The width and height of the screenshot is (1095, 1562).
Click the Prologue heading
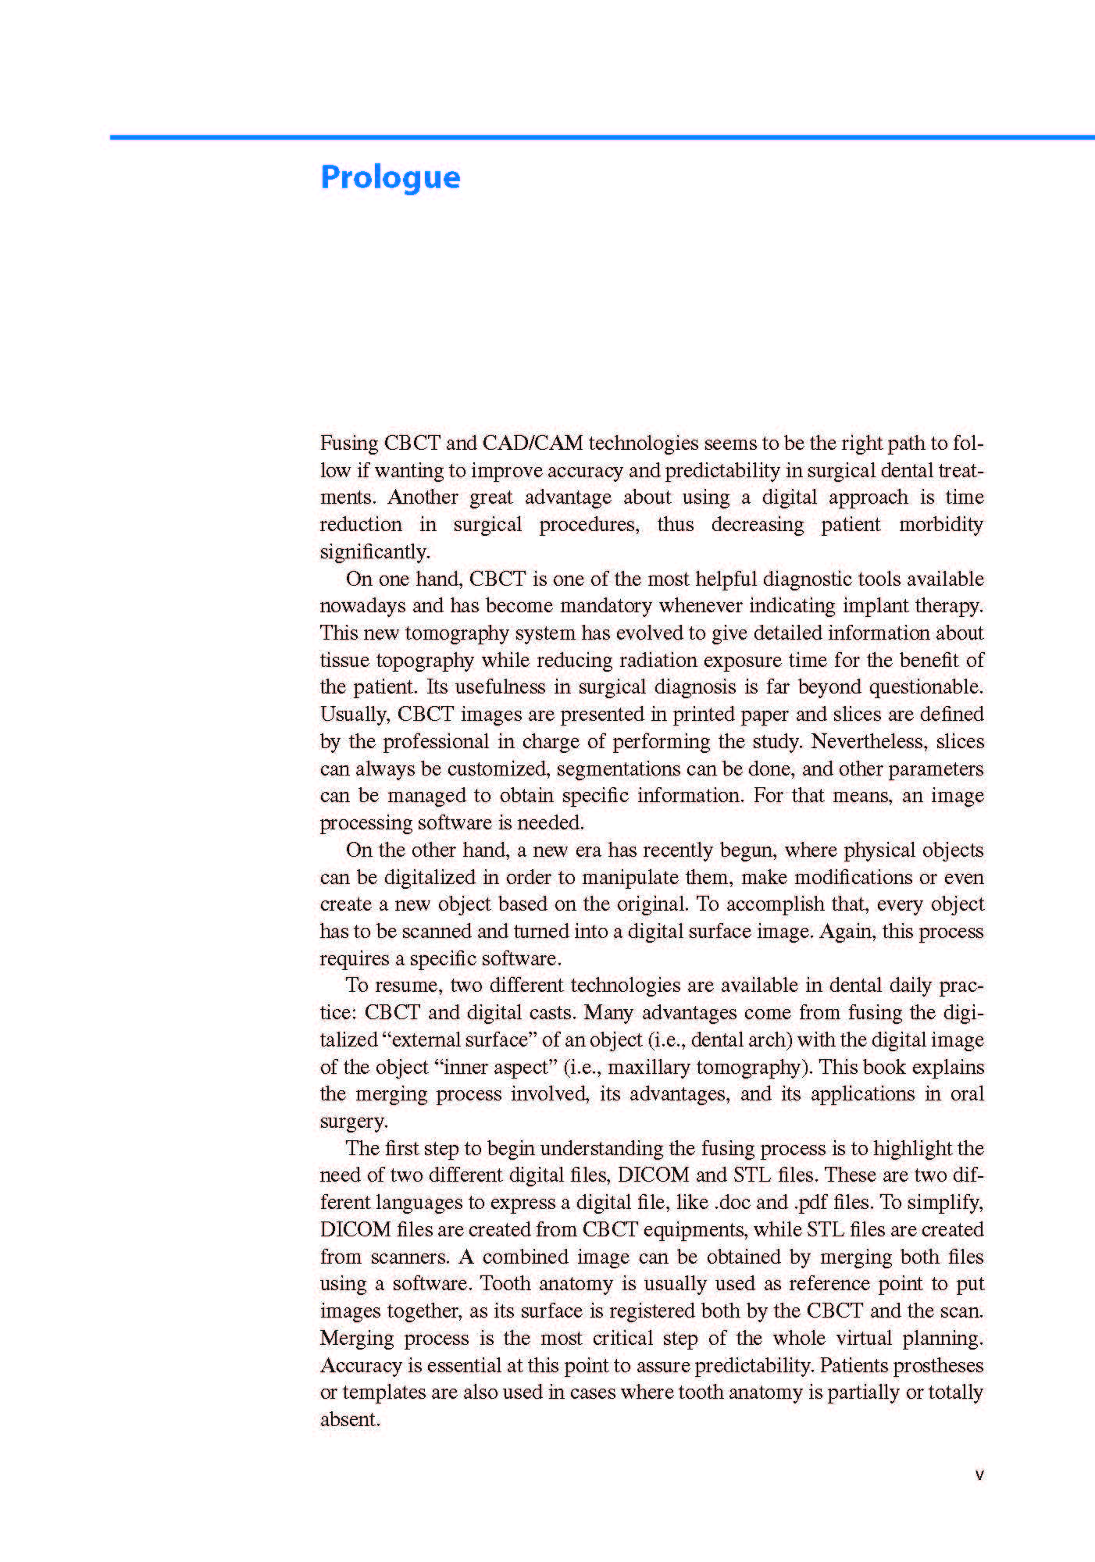[x=391, y=177]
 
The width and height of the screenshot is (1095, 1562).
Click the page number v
[x=979, y=1475]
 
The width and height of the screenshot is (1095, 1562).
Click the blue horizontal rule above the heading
[x=601, y=137]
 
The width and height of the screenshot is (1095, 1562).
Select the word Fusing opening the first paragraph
[x=349, y=444]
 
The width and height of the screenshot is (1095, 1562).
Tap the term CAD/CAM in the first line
[x=533, y=444]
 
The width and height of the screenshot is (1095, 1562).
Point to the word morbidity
[x=941, y=524]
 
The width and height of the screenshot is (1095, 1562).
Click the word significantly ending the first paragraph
[x=374, y=552]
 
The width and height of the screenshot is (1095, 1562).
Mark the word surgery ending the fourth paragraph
[x=353, y=1122]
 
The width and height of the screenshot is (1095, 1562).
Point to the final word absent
[x=349, y=1420]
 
